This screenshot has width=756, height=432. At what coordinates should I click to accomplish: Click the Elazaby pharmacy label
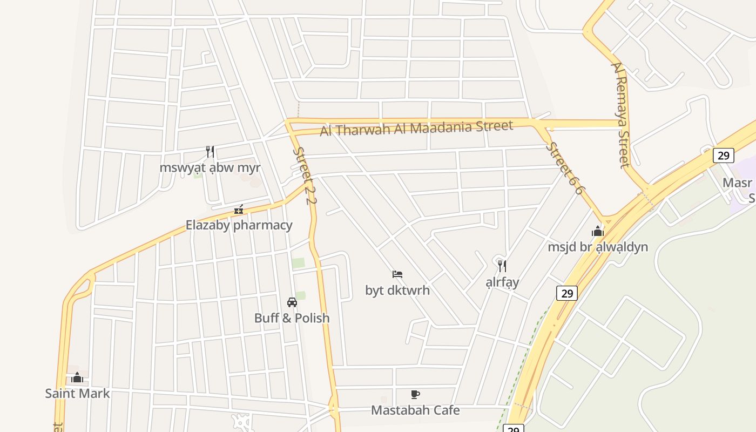pyautogui.click(x=239, y=225)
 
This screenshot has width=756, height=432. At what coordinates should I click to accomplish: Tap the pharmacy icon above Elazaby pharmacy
pyautogui.click(x=239, y=210)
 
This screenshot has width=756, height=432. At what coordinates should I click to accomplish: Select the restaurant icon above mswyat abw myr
pyautogui.click(x=210, y=152)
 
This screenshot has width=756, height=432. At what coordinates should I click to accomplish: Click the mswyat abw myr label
pyautogui.click(x=210, y=167)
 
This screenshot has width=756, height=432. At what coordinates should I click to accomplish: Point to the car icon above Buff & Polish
pyautogui.click(x=292, y=302)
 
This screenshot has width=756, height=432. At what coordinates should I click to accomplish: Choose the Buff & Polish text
pyautogui.click(x=292, y=318)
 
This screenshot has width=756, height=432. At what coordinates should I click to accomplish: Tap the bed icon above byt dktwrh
pyautogui.click(x=397, y=274)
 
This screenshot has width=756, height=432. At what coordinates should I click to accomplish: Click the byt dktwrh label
pyautogui.click(x=397, y=290)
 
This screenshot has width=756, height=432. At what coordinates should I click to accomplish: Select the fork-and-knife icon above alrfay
pyautogui.click(x=502, y=266)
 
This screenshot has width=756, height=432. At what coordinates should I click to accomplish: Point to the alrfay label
pyautogui.click(x=502, y=282)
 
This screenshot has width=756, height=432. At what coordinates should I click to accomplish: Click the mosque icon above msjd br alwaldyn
pyautogui.click(x=598, y=232)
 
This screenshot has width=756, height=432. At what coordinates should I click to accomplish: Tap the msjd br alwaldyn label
pyautogui.click(x=598, y=247)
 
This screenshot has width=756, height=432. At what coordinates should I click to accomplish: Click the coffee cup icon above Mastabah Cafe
pyautogui.click(x=415, y=395)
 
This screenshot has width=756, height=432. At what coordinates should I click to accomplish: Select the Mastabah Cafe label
pyautogui.click(x=415, y=410)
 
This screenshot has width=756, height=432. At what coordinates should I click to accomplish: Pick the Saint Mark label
pyautogui.click(x=77, y=394)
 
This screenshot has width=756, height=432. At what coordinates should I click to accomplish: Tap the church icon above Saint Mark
pyautogui.click(x=77, y=377)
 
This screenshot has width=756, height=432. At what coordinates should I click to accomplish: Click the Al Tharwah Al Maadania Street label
pyautogui.click(x=416, y=129)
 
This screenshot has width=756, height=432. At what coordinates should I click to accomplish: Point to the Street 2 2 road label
pyautogui.click(x=304, y=176)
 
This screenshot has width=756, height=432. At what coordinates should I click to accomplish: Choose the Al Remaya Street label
pyautogui.click(x=620, y=114)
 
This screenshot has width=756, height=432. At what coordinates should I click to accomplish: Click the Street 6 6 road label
pyautogui.click(x=565, y=168)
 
